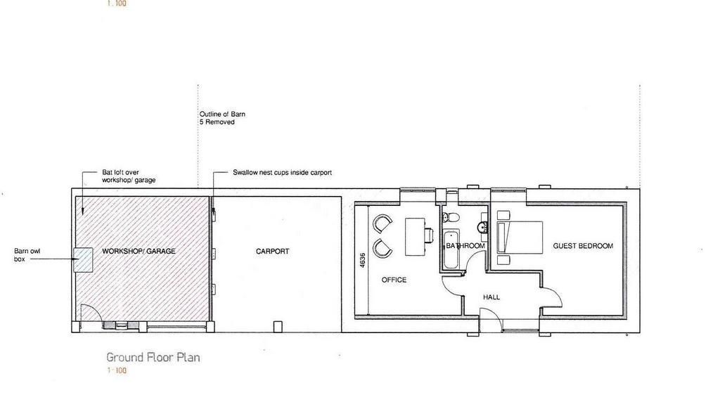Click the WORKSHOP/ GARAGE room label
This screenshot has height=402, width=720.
[x=139, y=251]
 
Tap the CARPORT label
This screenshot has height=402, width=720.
[x=272, y=252]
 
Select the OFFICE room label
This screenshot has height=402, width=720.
[x=394, y=280]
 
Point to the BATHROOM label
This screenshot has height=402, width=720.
[x=465, y=246]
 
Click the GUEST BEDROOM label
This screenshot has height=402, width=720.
[x=583, y=246]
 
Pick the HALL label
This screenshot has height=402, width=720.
[x=491, y=297]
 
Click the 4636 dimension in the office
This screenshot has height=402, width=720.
[x=363, y=260]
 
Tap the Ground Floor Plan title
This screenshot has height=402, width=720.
[x=153, y=358]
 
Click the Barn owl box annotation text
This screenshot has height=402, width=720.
[x=27, y=255]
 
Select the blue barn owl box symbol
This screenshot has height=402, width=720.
[x=83, y=260]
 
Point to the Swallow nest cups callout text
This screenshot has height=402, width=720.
[x=282, y=173]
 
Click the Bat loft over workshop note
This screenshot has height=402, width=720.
[x=129, y=176]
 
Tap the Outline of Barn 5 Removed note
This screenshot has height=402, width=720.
[x=222, y=118]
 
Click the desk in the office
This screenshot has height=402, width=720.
[x=415, y=236]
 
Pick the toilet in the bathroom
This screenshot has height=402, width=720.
[x=451, y=216]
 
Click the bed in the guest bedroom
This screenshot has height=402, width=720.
[x=520, y=238]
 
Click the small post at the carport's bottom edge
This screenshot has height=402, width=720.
[x=278, y=326]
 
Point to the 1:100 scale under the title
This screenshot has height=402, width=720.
[x=117, y=370]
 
